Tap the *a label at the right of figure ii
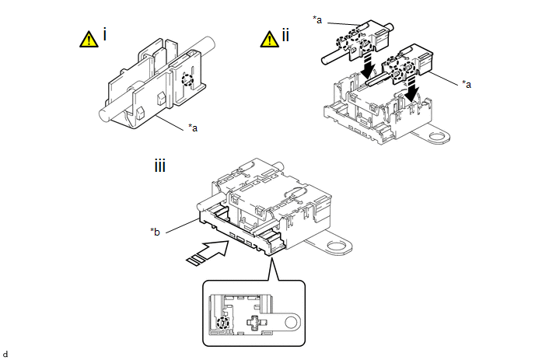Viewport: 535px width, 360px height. [467, 84]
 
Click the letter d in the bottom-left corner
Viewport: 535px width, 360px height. [5, 354]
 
